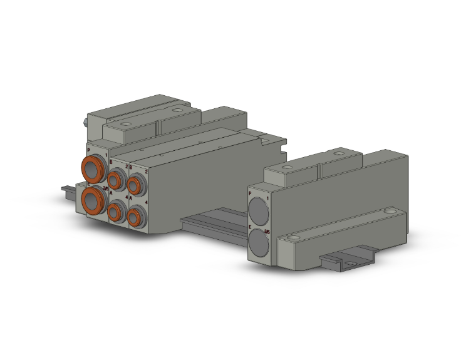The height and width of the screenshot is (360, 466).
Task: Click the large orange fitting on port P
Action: [x=93, y=168]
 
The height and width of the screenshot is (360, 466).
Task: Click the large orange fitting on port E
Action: [x=94, y=200]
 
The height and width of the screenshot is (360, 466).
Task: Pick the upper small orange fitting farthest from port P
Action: [x=134, y=185]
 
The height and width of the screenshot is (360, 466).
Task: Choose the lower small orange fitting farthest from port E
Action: [x=134, y=217]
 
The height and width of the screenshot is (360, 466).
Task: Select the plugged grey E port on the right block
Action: [x=260, y=242]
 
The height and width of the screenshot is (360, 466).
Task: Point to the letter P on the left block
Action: [x=88, y=150]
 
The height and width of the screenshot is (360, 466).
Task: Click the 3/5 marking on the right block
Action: [x=268, y=232]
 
